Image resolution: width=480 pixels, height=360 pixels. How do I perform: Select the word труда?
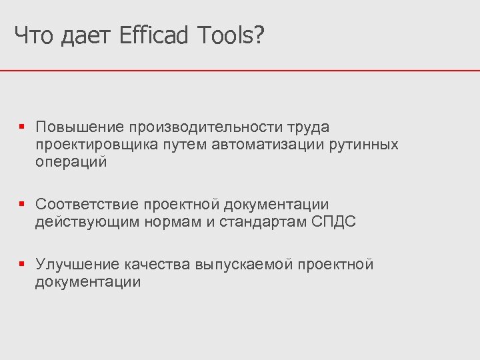click(x=308, y=127)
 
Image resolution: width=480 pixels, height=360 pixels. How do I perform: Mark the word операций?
click(x=71, y=162)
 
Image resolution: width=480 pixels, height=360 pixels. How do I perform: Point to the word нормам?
click(x=173, y=222)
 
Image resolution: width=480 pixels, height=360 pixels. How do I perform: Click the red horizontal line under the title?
click(x=240, y=70)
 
